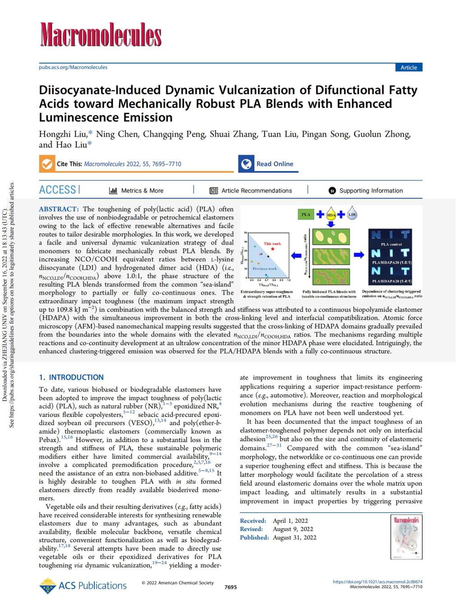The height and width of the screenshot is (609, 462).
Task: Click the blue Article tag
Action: coord(408,67)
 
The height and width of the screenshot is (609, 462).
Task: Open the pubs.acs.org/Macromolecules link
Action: coord(73,67)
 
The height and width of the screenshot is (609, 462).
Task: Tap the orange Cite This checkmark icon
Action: coord(46,164)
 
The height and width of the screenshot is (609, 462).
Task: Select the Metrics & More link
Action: coord(136,190)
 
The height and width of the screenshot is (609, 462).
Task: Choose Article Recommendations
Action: coord(251,190)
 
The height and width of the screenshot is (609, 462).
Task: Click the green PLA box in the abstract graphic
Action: coord(306,214)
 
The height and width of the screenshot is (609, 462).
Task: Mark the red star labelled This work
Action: coord(273,249)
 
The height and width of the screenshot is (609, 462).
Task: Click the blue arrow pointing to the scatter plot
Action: coord(296,255)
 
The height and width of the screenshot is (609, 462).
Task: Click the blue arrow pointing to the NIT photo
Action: coord(359,255)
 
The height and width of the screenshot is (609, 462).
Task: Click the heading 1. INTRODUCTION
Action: coord(71,377)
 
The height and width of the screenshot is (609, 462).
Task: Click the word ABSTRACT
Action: coord(59,209)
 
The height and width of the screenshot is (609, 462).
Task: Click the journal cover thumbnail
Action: coord(407,537)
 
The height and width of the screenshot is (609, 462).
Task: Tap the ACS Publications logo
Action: coord(83,586)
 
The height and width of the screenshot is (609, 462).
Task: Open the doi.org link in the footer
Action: coord(377,581)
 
